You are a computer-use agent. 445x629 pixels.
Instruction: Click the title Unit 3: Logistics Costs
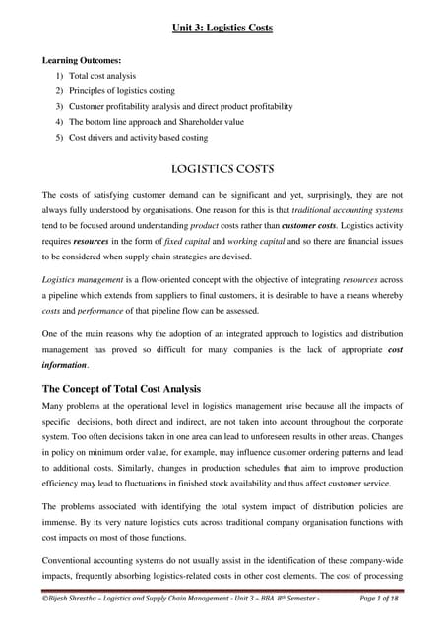(222, 27)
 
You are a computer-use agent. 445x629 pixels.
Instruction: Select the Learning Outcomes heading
(81, 61)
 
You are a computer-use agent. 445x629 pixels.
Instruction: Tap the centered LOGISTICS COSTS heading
(222, 168)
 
